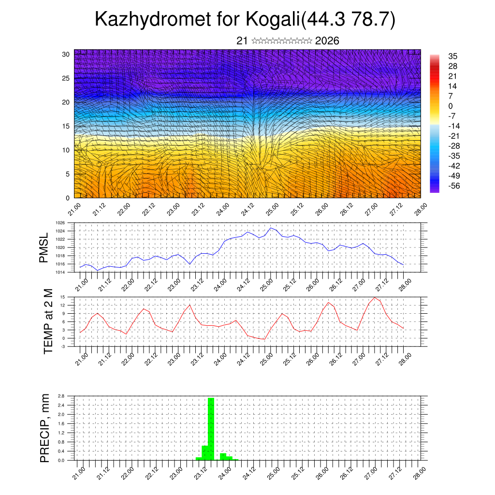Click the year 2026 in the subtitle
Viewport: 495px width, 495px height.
327,41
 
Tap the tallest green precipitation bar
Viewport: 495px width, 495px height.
211,428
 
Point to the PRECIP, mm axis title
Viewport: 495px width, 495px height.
45,427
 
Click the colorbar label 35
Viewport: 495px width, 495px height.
453,56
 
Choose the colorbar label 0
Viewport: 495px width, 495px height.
451,106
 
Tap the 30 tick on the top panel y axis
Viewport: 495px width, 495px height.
66,54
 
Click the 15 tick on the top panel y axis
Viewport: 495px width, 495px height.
66,126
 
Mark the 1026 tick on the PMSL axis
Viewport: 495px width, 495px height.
60,223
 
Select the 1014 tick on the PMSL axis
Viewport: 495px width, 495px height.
60,273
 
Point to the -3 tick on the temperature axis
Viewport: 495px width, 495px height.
63,347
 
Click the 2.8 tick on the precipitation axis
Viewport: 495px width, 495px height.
61,396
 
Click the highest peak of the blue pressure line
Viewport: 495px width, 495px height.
271,228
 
